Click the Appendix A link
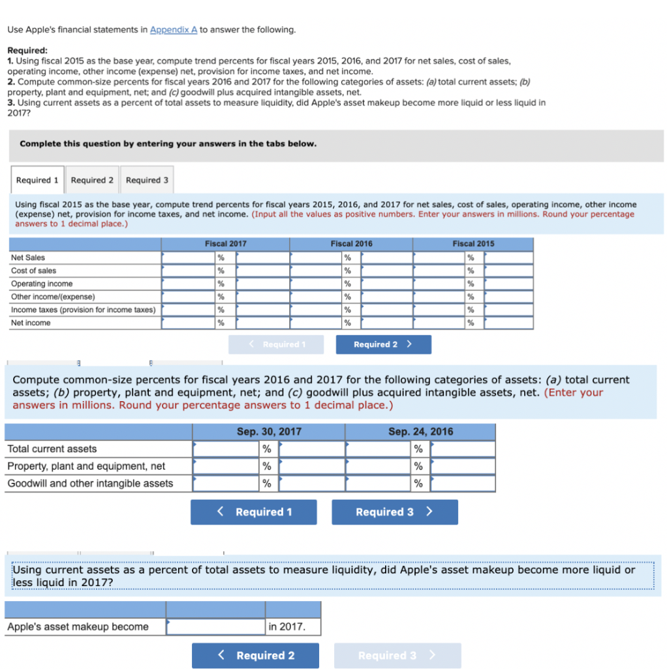pos(173,29)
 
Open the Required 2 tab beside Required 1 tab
pos(92,180)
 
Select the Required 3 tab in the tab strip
pos(147,180)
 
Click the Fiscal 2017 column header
pos(225,244)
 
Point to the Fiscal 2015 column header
pos(473,244)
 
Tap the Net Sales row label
pos(28,257)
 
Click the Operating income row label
pos(42,284)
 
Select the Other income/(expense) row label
pos(53,297)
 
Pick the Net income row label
pos(31,323)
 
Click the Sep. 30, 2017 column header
pos(268,432)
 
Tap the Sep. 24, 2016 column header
pos(420,432)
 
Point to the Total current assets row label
pos(52,449)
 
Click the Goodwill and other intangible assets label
pos(90,483)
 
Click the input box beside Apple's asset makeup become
pos(215,627)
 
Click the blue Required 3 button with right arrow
pos(394,512)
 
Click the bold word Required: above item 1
pos(27,50)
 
